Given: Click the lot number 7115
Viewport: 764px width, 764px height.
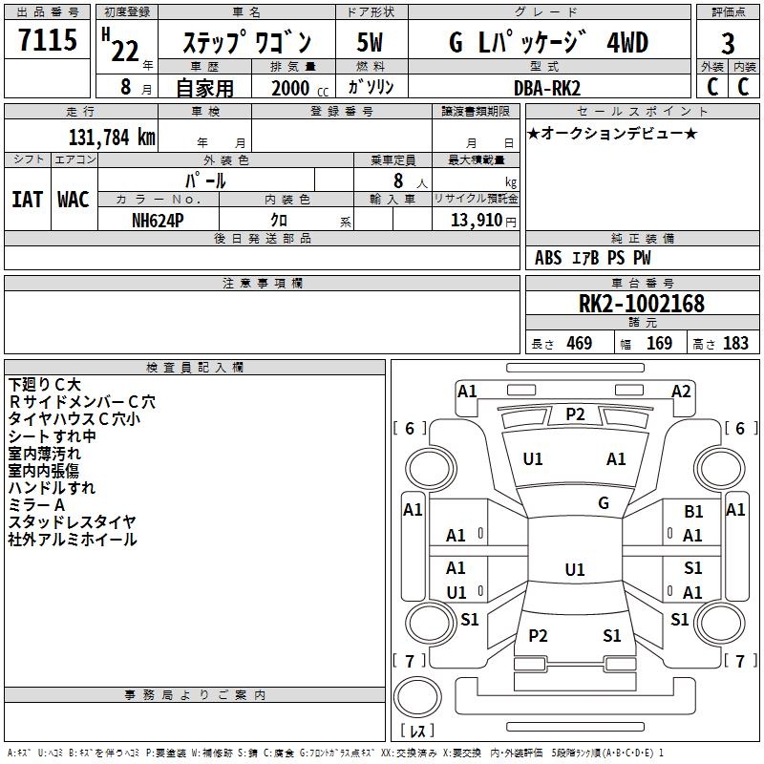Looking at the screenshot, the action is pyautogui.click(x=48, y=43).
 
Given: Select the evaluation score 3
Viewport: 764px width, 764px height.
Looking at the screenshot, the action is pyautogui.click(x=728, y=43).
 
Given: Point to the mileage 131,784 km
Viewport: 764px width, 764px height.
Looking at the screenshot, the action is pyautogui.click(x=111, y=137).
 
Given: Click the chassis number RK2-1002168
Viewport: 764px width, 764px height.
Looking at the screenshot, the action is pyautogui.click(x=642, y=304).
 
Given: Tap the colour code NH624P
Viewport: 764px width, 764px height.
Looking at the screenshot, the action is pyautogui.click(x=159, y=220).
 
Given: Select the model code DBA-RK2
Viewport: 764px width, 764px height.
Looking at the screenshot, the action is pyautogui.click(x=546, y=87).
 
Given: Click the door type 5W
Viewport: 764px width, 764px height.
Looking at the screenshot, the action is pyautogui.click(x=370, y=43).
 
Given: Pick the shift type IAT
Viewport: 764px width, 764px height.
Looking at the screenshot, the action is pyautogui.click(x=27, y=199).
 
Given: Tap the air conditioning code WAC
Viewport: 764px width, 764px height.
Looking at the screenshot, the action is pyautogui.click(x=74, y=199).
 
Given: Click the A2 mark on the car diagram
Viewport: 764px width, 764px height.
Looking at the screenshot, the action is pyautogui.click(x=681, y=391).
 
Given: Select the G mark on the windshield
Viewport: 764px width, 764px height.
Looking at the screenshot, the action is pyautogui.click(x=603, y=502).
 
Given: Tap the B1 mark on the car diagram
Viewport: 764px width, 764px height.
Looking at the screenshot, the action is pyautogui.click(x=693, y=512).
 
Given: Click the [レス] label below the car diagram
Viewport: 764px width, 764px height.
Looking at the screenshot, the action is pyautogui.click(x=417, y=732).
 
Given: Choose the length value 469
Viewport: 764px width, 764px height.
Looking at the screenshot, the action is pyautogui.click(x=579, y=344).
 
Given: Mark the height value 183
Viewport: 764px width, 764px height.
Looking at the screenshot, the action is pyautogui.click(x=735, y=344).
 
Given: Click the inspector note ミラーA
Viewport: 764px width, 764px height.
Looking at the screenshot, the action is pyautogui.click(x=36, y=505).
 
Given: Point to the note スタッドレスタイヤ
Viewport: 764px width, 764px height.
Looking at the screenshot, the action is pyautogui.click(x=72, y=522).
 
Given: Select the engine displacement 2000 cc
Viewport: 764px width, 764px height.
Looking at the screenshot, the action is pyautogui.click(x=292, y=87).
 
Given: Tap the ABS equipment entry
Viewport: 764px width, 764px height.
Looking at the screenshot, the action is pyautogui.click(x=548, y=258).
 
